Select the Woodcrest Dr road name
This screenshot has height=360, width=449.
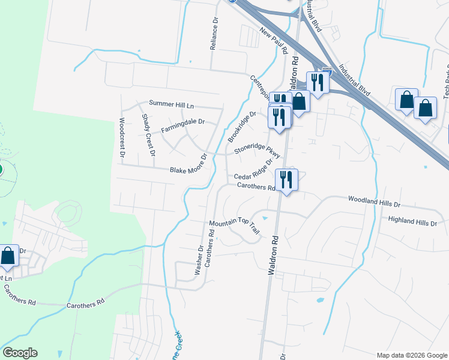tap(122, 137)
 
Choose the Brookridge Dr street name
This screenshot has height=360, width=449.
tap(242, 126)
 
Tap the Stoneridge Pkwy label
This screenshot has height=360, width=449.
tap(258, 147)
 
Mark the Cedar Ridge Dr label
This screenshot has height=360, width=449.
tap(254, 170)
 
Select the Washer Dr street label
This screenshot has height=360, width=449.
tap(199, 259)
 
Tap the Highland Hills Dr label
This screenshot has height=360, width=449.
tap(412, 221)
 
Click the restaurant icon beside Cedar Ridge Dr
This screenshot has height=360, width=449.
tap(286, 179)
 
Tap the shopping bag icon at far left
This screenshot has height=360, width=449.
tap(8, 256)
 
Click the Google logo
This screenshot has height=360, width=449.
tap(20, 353)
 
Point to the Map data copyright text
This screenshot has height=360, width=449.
tap(411, 355)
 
